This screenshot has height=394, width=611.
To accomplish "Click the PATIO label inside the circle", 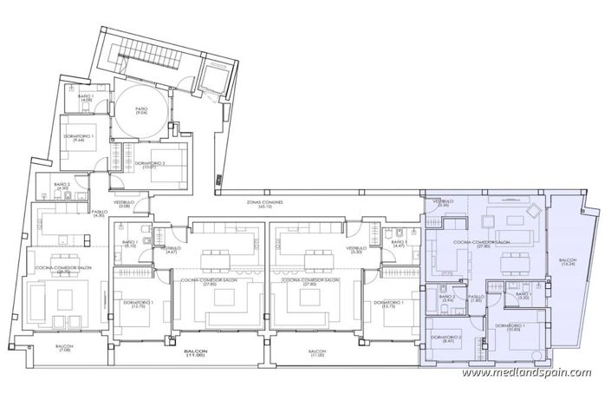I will click(x=140, y=109).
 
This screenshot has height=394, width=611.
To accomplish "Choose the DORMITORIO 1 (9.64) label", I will click(x=81, y=140).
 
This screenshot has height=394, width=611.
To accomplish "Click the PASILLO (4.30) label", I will click(x=75, y=213).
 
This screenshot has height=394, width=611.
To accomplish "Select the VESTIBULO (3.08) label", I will click(x=124, y=181).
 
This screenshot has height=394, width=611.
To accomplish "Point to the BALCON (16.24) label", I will click(x=568, y=262).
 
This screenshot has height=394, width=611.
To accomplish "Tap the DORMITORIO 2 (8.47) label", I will click(x=447, y=340).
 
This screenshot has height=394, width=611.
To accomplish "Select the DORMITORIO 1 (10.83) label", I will click(x=512, y=327).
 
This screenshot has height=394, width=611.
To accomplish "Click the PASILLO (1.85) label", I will click(x=476, y=299).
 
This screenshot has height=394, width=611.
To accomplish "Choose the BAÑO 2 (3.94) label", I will click(x=447, y=299).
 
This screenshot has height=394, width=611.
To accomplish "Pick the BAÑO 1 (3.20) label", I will click(x=523, y=297).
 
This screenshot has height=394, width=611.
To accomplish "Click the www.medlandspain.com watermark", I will click(x=527, y=373).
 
